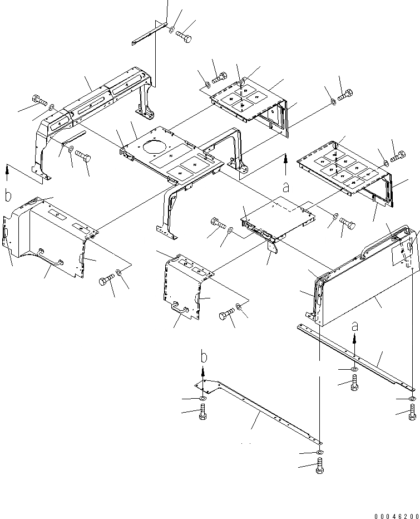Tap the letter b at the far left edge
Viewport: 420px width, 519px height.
8,195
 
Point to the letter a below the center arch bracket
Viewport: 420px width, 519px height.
285,188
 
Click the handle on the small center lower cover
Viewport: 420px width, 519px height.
180,306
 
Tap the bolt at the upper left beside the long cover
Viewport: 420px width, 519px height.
38,101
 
